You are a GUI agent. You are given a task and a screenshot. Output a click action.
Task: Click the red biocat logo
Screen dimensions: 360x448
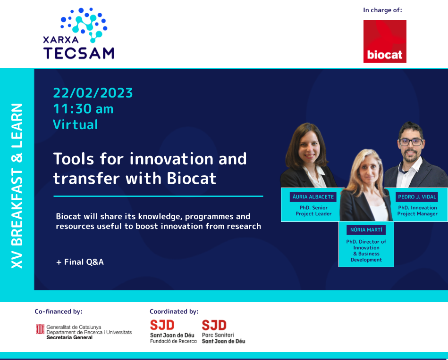pos(385,41)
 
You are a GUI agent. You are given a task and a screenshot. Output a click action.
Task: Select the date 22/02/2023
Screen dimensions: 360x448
pos(93,93)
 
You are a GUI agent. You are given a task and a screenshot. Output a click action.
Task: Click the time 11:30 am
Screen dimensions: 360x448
pos(83,109)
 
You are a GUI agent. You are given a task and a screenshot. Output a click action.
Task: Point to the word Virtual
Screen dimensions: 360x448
pos(76,124)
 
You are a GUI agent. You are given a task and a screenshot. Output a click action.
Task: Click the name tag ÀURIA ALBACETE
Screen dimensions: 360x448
pos(313,196)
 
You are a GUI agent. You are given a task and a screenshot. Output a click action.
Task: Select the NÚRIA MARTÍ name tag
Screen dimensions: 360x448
pos(366,230)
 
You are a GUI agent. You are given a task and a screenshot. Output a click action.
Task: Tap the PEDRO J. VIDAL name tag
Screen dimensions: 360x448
pos(417,196)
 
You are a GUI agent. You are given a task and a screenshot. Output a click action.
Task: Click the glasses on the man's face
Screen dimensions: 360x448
pos(411,142)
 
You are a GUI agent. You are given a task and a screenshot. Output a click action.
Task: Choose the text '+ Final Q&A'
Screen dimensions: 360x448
pos(80,262)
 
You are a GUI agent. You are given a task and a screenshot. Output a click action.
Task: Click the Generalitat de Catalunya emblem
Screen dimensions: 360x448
pos(40,329)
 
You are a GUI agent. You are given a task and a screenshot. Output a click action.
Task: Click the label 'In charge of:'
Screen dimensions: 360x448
pos(382,9)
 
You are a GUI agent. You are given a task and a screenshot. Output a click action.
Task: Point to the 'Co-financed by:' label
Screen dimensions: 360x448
pos(59,311)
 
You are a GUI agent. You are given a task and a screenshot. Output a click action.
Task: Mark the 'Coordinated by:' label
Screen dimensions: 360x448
pos(174,311)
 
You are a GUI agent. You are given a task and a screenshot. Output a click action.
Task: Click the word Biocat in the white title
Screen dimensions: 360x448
pos(191,178)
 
